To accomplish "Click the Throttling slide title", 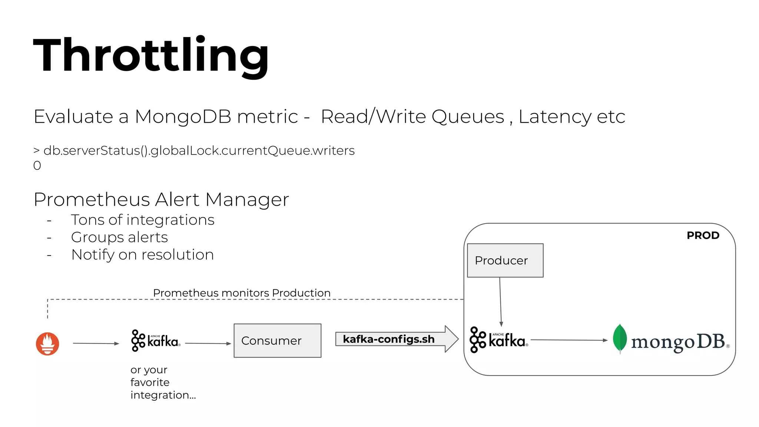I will pyautogui.click(x=151, y=56).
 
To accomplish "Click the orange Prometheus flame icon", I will pyautogui.click(x=47, y=344).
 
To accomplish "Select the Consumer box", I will pyautogui.click(x=277, y=341).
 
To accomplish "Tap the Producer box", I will pyautogui.click(x=505, y=261).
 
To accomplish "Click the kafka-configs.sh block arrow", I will pyautogui.click(x=397, y=339).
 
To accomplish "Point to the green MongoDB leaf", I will pyautogui.click(x=620, y=338).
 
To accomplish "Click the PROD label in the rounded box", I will pyautogui.click(x=703, y=235).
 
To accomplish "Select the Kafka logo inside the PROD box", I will pyautogui.click(x=498, y=340).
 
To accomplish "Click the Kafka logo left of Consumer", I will pyautogui.click(x=156, y=340).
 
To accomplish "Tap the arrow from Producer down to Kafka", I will pyautogui.click(x=500, y=302).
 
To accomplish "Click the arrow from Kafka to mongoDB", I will pyautogui.click(x=569, y=340).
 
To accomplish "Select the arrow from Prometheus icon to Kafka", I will pyautogui.click(x=96, y=344).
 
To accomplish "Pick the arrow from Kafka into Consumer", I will pyautogui.click(x=208, y=344).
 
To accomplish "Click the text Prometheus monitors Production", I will pyautogui.click(x=242, y=293).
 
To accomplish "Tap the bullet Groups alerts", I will pyautogui.click(x=119, y=237).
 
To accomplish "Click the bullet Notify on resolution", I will pyautogui.click(x=142, y=255).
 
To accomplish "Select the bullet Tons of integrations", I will pyautogui.click(x=143, y=220).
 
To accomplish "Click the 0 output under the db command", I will pyautogui.click(x=37, y=166).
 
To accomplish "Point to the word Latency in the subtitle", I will pyautogui.click(x=554, y=117).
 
